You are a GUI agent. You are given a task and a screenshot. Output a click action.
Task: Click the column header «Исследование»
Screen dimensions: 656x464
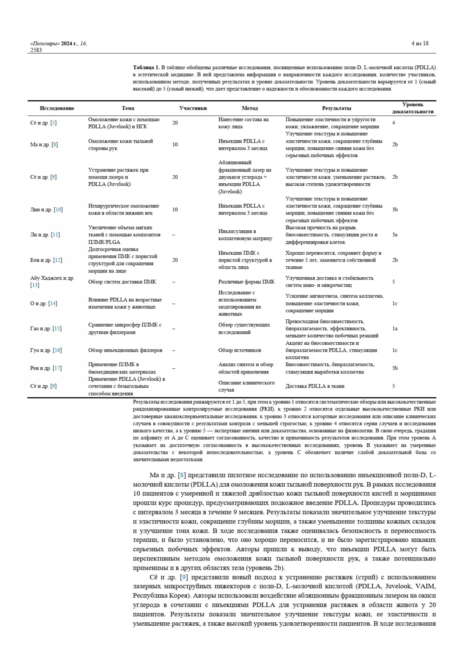57,108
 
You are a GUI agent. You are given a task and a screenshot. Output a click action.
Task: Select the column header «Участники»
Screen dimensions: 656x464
193,108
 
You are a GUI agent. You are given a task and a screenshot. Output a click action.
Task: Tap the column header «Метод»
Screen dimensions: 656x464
249,108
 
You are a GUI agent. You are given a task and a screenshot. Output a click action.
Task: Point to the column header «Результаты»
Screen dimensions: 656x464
336,108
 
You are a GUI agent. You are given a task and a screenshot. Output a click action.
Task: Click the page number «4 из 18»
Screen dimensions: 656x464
420,43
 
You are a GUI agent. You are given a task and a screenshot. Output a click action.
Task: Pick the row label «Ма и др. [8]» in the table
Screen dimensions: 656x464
44,145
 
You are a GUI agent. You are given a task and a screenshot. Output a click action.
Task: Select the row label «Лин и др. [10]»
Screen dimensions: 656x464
46,210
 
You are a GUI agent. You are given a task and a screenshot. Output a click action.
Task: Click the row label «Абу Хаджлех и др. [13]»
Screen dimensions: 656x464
52,281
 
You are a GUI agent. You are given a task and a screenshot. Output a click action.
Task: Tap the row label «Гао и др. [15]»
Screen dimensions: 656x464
46,329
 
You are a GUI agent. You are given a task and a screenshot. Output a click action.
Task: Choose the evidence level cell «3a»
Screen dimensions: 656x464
395,235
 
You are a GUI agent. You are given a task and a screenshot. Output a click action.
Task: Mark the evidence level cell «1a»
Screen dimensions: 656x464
395,329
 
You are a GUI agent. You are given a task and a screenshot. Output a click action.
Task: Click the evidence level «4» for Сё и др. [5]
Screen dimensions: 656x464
394,123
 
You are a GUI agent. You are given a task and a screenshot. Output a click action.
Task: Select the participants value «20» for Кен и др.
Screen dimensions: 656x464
175,260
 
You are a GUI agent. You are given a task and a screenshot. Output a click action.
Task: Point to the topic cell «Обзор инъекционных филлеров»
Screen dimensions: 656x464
125,350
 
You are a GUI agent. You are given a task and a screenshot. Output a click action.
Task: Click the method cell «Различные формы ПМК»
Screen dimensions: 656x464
246,282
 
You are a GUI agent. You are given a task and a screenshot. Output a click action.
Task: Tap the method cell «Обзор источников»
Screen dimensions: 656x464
239,350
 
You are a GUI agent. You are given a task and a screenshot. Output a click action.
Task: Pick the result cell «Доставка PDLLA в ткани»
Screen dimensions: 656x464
315,386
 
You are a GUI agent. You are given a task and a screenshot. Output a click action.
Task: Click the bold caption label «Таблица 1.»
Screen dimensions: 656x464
146,68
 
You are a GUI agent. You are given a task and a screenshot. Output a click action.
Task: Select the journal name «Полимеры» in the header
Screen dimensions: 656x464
45,44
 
